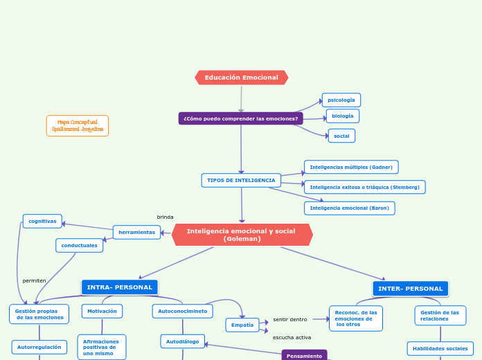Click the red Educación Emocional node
tap(241, 78)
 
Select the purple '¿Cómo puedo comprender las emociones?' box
tap(240, 118)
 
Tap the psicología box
tap(341, 100)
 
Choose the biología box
tap(342, 116)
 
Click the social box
tap(341, 136)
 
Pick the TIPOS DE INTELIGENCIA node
tap(241, 180)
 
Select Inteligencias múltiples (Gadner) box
tap(351, 167)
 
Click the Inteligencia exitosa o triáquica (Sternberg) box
tap(364, 187)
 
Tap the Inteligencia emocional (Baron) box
tap(349, 208)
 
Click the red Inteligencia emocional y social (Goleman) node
tap(242, 235)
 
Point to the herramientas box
tap(136, 232)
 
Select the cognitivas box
tap(42, 221)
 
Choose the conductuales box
tap(79, 245)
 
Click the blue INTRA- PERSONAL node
tap(120, 287)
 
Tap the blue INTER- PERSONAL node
tap(410, 288)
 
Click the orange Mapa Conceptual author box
tap(78, 125)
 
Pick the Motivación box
tap(102, 311)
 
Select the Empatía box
tap(242, 325)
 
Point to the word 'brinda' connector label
tap(165, 217)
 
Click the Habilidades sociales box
tap(440, 348)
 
